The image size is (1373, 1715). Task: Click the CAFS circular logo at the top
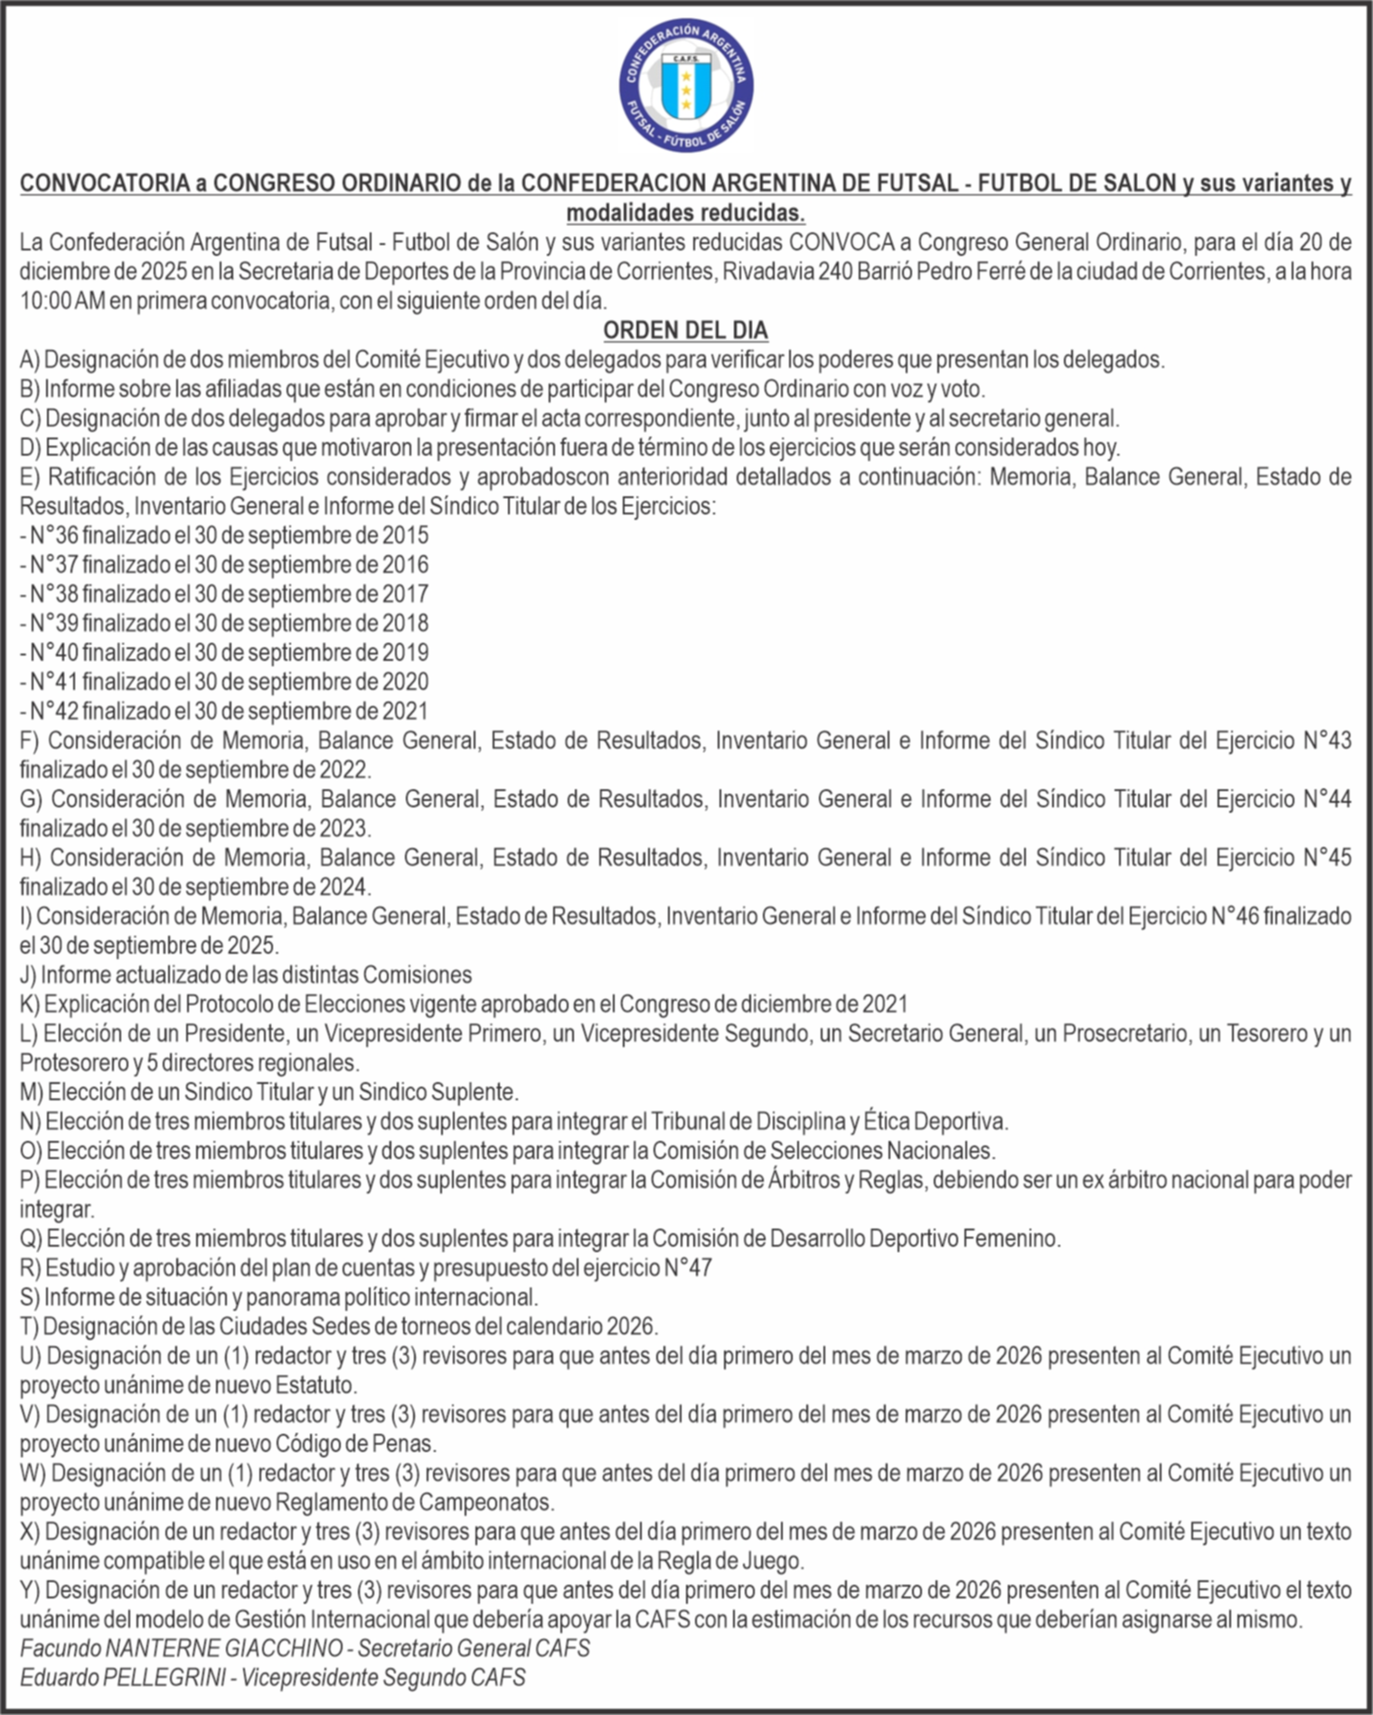(x=686, y=86)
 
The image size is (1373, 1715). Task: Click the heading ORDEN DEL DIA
(x=685, y=330)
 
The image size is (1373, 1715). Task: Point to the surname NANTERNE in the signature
(x=140, y=1648)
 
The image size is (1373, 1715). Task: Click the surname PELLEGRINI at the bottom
(x=164, y=1678)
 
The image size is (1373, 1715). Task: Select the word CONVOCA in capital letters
(x=829, y=242)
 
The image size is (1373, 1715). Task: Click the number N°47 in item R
(x=688, y=1267)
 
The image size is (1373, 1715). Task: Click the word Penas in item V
(x=411, y=1444)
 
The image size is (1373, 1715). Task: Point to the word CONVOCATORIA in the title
(x=104, y=184)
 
